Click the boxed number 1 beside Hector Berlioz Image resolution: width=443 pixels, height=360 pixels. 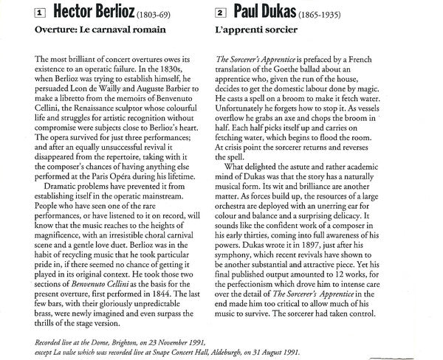click(x=19, y=13)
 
